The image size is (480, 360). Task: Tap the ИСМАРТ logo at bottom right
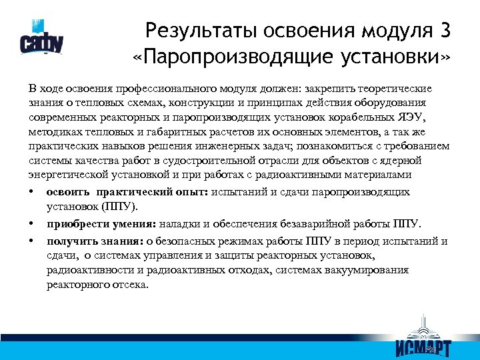coord(423,341)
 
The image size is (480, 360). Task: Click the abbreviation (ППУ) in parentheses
coord(121,207)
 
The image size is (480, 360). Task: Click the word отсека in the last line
coord(129,285)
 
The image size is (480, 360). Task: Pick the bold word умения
coord(118,224)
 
